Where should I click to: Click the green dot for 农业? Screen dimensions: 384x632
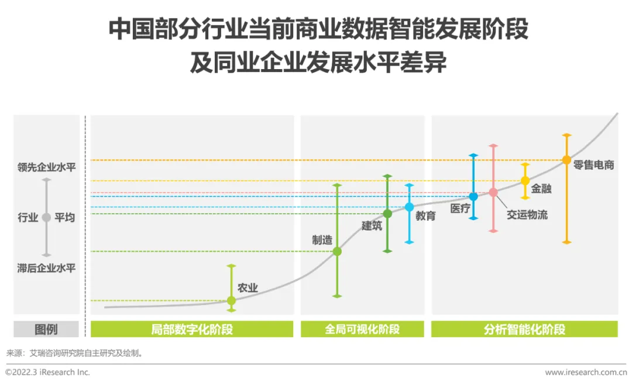(x=231, y=300)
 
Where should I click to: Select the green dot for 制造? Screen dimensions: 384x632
(x=337, y=251)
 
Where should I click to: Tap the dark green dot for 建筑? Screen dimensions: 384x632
(x=387, y=214)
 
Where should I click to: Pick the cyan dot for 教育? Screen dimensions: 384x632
(x=409, y=207)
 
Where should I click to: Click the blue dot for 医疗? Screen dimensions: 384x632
(x=473, y=197)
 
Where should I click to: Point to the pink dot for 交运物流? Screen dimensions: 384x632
(x=493, y=192)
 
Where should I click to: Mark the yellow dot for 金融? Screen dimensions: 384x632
(x=525, y=180)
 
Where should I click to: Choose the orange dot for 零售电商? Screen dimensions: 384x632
(x=566, y=160)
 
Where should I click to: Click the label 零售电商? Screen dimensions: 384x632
(x=593, y=165)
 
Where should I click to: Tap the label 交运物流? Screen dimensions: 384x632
(x=527, y=215)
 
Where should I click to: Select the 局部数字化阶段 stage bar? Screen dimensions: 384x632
(x=192, y=329)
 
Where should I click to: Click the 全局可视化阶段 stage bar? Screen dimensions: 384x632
(x=362, y=329)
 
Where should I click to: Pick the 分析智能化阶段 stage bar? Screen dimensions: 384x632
(x=524, y=329)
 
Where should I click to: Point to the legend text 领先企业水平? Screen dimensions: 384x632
(x=47, y=167)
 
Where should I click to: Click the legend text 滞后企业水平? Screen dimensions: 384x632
(x=47, y=268)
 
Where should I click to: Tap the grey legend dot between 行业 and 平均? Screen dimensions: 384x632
(x=47, y=217)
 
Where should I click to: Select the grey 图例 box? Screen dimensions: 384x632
(x=47, y=329)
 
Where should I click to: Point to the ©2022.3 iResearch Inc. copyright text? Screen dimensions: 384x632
(x=48, y=372)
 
